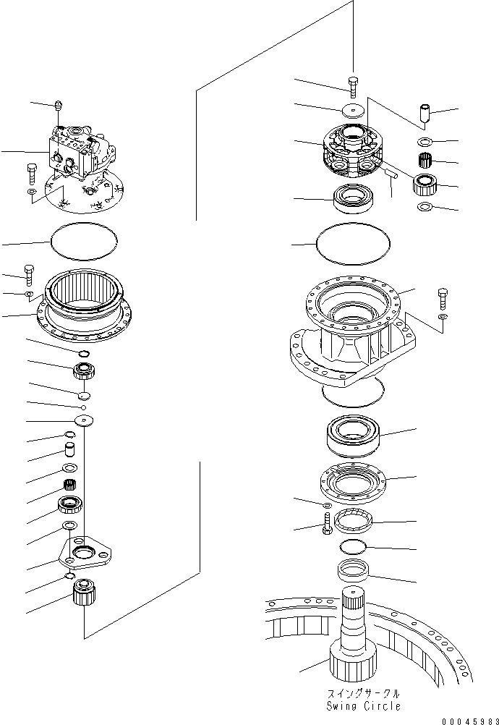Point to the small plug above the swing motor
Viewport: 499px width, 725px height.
pos(58,106)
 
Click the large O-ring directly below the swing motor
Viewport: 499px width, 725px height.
pos(83,240)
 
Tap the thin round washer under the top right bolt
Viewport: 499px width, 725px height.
pos(353,109)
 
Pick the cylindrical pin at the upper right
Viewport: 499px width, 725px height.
pos(425,114)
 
